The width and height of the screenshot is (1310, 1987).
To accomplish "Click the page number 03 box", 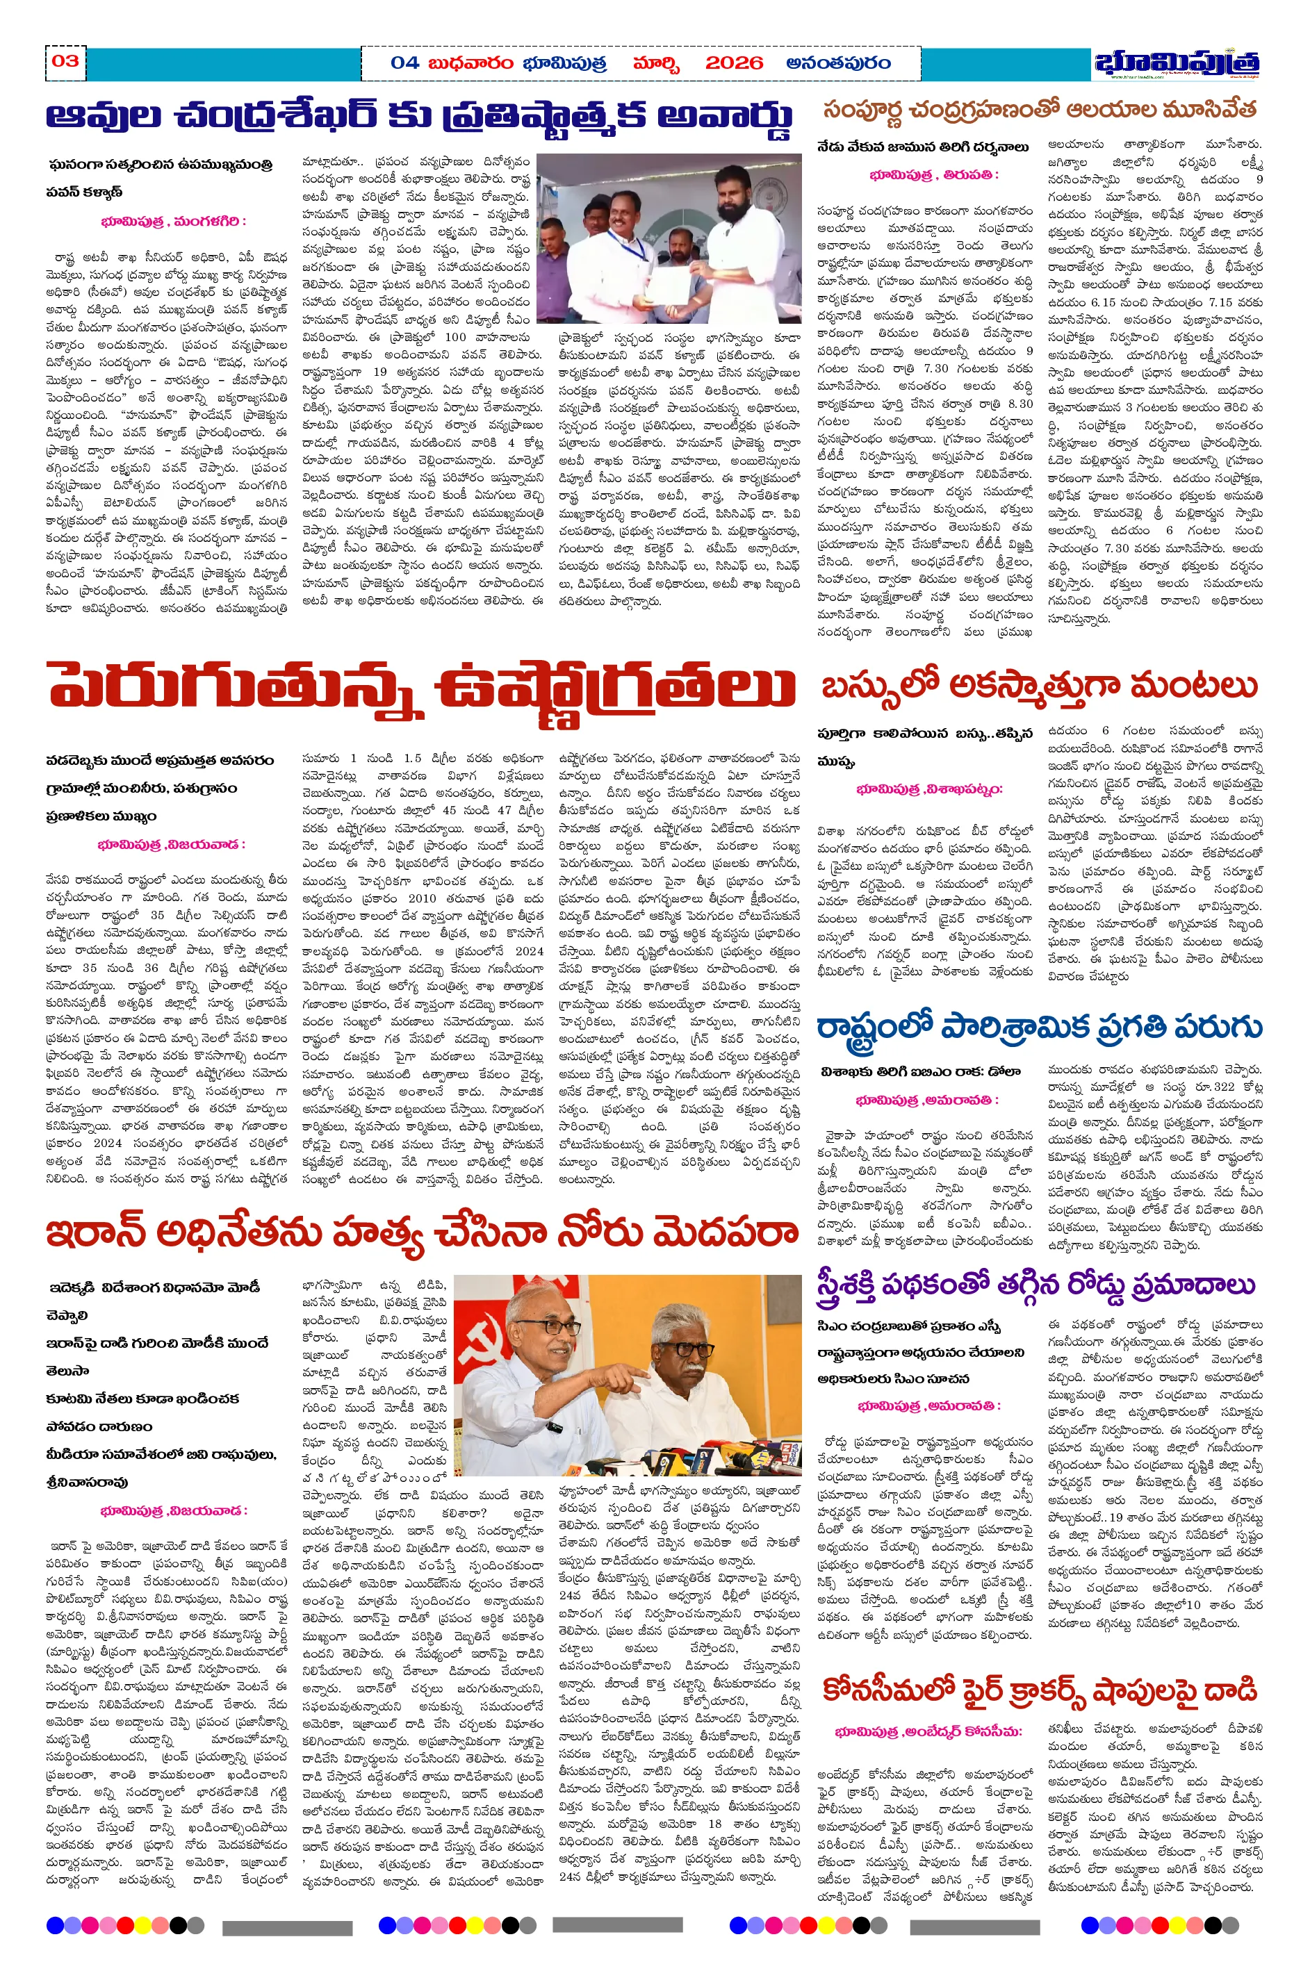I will (x=65, y=62).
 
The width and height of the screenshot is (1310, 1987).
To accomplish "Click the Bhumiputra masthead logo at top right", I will (x=1177, y=63).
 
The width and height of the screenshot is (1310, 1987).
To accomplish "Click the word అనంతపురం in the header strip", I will (x=838, y=63).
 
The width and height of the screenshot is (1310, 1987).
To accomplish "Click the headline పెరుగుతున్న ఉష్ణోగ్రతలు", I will (x=422, y=686).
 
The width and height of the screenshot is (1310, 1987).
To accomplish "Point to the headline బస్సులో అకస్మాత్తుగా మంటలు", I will (x=1038, y=686).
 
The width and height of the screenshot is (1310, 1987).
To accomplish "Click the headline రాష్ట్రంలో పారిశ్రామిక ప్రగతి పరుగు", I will (x=1038, y=1028).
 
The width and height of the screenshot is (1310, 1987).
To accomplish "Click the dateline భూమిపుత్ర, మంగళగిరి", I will (x=173, y=222).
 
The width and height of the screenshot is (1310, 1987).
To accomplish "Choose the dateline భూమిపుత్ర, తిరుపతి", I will (x=934, y=175).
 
